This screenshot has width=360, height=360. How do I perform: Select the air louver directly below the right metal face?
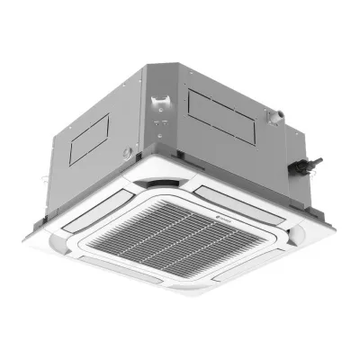click(241, 194)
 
